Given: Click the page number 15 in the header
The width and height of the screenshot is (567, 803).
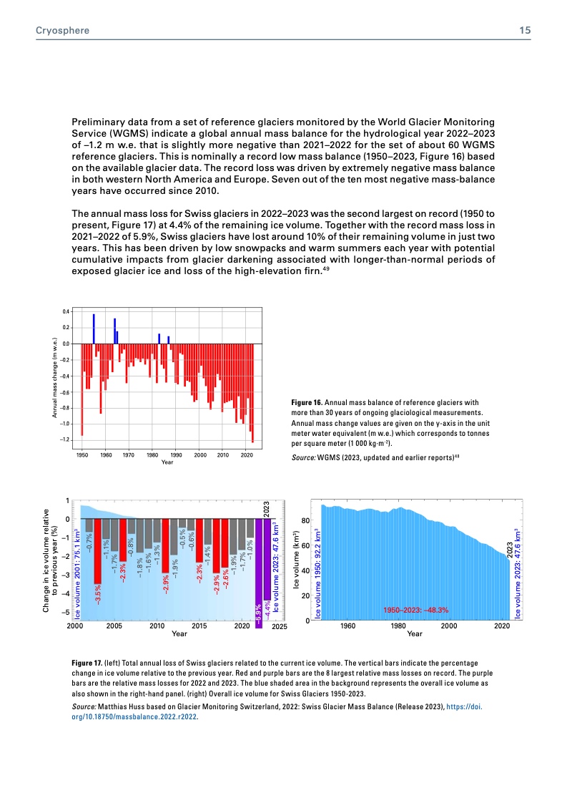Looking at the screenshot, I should point(524,31).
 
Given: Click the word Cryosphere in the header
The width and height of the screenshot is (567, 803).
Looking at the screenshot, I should point(59,31).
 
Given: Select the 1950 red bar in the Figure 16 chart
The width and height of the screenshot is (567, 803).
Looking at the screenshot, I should point(82,389).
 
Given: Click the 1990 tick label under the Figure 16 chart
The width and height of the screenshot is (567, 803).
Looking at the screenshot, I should point(176,455).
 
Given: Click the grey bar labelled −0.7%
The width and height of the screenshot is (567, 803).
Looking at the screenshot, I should point(89,526).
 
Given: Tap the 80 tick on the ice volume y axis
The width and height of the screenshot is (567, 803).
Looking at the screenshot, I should point(305,520).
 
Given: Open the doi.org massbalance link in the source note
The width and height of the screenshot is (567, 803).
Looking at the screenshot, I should point(135,721).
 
